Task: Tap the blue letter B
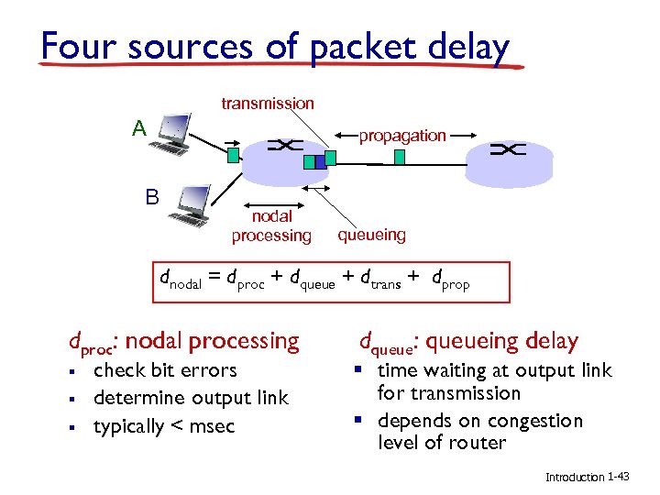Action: [x=152, y=197]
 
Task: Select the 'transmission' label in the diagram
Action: [x=268, y=104]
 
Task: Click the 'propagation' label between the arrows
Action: [x=402, y=136]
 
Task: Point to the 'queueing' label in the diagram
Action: [x=371, y=235]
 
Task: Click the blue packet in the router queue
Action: [x=319, y=162]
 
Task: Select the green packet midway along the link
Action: [x=400, y=157]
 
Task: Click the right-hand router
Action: [x=510, y=161]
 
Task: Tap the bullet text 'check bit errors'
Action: [x=165, y=370]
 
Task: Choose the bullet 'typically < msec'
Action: [x=164, y=426]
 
